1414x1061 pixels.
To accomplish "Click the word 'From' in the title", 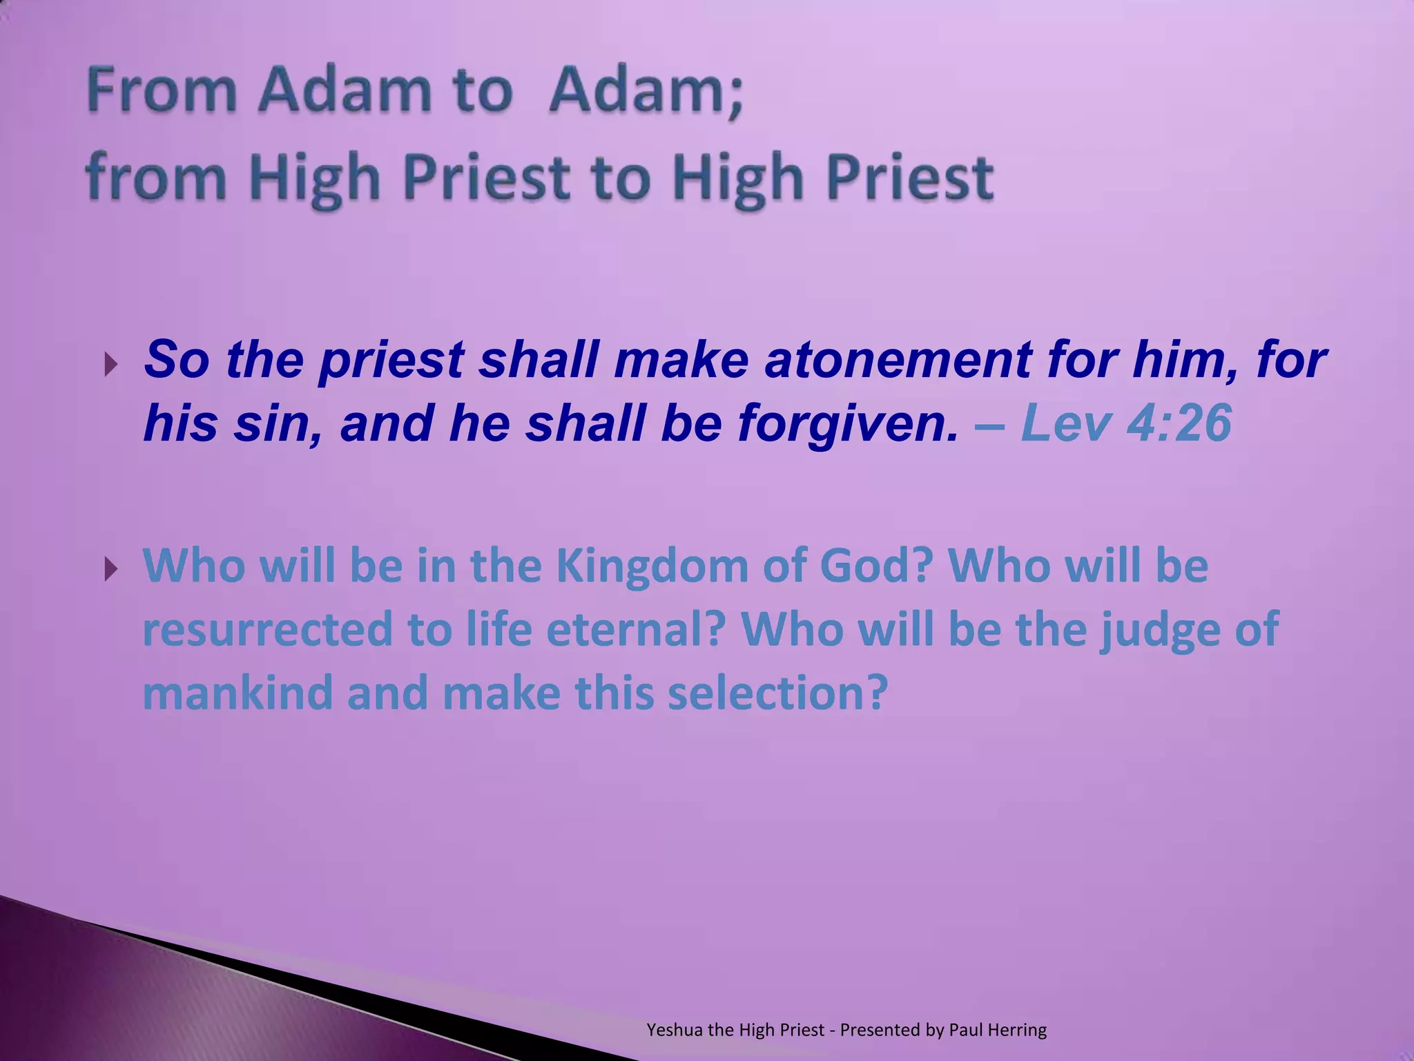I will pos(161,90).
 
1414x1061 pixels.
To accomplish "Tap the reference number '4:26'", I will pos(1179,423).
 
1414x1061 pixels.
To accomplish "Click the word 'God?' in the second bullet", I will pos(875,566).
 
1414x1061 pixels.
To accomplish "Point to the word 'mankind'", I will pos(238,694).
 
